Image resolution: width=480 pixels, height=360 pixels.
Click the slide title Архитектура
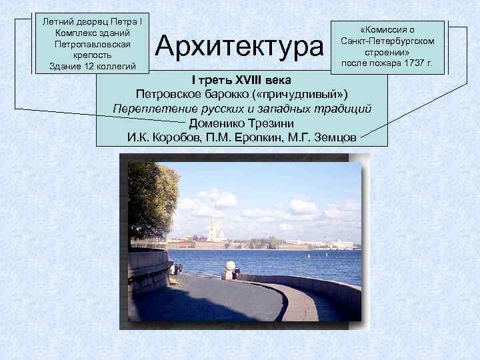[x=239, y=47]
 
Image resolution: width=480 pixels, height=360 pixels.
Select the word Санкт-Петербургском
[x=387, y=41]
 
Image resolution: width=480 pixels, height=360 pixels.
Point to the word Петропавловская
[x=93, y=43]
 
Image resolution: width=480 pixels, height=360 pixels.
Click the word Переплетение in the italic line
[x=146, y=108]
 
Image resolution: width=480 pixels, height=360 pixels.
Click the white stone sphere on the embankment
[x=231, y=265]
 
